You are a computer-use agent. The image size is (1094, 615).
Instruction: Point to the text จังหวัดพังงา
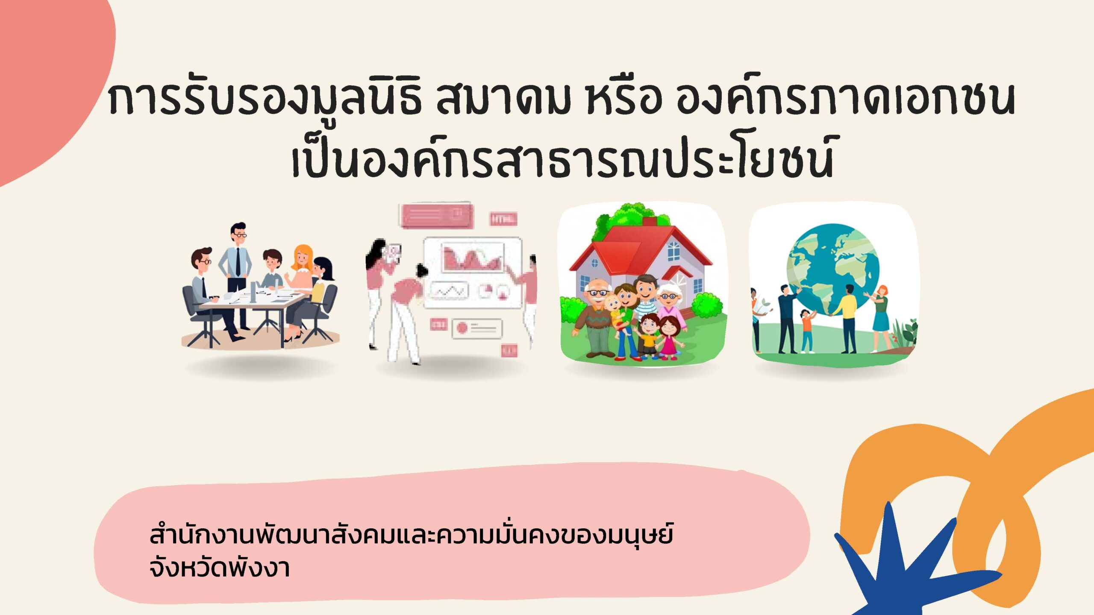(220, 568)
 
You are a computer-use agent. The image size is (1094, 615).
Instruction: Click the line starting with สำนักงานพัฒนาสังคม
(411, 535)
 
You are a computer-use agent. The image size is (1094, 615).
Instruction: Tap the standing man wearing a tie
(236, 273)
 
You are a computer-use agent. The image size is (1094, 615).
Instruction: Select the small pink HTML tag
(503, 219)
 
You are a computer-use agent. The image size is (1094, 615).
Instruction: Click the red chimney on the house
(650, 222)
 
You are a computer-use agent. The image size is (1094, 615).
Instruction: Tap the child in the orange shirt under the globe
(807, 331)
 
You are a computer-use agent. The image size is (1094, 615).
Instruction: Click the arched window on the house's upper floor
(673, 251)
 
